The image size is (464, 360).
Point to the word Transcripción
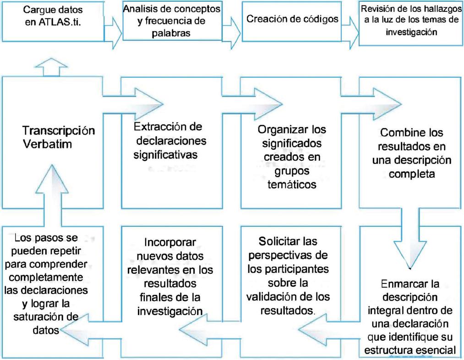[x=58, y=129]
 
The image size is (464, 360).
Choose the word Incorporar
[x=167, y=241]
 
